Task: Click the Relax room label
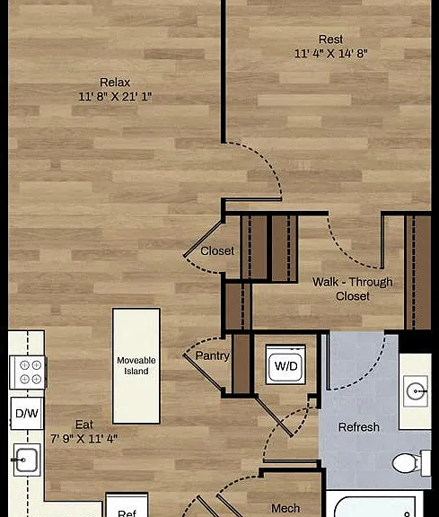click(115, 82)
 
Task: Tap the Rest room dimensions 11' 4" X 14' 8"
click(330, 54)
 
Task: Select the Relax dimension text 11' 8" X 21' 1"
click(115, 97)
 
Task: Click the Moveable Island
click(136, 366)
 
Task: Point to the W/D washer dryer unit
click(285, 364)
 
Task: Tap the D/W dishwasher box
click(27, 413)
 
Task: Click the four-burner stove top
click(28, 372)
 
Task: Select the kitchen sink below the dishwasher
click(26, 460)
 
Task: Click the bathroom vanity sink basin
click(416, 391)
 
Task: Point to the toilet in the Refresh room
click(410, 463)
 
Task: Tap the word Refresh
click(359, 427)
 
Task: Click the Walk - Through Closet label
click(353, 289)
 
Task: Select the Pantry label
click(212, 355)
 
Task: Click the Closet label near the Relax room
click(217, 251)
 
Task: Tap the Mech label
click(285, 508)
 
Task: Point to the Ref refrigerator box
click(127, 505)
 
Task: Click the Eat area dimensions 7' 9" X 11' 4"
click(83, 439)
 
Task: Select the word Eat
click(84, 425)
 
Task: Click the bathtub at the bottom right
click(374, 504)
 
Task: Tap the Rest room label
click(330, 39)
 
